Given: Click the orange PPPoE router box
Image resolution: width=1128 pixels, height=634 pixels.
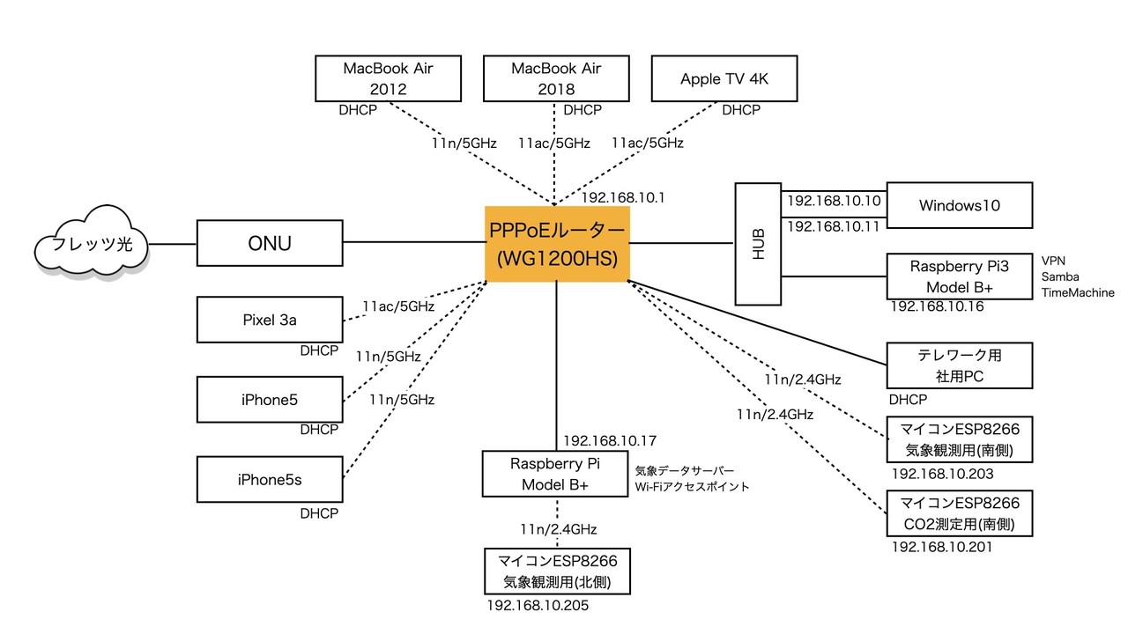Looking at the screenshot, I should [x=556, y=244].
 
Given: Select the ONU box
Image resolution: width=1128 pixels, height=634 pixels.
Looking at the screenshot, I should [x=269, y=243].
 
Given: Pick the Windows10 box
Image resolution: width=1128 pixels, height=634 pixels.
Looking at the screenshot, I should [x=959, y=205].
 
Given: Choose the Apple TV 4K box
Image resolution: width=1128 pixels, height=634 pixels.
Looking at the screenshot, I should [x=724, y=79].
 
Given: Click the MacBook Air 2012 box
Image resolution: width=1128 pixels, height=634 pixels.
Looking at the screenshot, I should [x=390, y=78].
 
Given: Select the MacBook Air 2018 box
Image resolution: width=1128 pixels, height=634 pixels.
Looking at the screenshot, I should [x=556, y=78].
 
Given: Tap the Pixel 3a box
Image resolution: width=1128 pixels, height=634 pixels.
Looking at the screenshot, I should [x=269, y=320].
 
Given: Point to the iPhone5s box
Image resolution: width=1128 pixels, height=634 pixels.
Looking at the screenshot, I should [x=269, y=480].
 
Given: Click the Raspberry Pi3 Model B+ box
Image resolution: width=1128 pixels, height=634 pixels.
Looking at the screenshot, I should [x=959, y=276].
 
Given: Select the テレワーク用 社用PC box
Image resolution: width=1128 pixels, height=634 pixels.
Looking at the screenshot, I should [x=959, y=365].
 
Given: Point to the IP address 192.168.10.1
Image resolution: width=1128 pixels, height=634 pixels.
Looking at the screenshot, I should [x=624, y=198].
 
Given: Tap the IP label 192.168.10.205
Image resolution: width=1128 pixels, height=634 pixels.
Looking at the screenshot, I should [x=538, y=606].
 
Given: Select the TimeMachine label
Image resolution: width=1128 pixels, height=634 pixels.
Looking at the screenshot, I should [x=1078, y=292].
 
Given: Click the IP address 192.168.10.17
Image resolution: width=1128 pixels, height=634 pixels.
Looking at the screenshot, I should [x=612, y=439].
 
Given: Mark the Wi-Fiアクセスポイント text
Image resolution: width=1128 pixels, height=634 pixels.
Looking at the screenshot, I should [x=692, y=486].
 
